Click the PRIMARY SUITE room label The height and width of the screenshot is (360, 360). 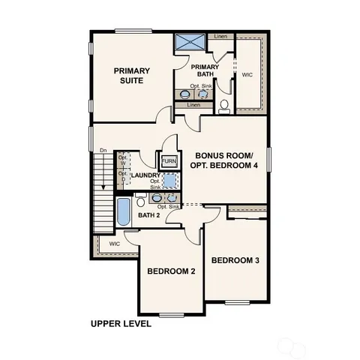click(x=132, y=76)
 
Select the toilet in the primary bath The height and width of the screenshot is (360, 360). click(x=223, y=104)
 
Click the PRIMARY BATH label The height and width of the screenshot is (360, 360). click(x=205, y=71)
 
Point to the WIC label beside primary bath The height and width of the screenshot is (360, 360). click(x=247, y=75)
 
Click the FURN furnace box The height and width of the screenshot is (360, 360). click(x=169, y=161)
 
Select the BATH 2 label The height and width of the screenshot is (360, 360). click(x=149, y=215)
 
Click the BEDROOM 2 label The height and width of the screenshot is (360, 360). click(x=171, y=271)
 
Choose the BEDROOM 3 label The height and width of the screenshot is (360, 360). click(x=235, y=260)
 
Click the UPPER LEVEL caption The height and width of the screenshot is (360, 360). click(x=121, y=324)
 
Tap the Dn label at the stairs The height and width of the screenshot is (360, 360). click(x=103, y=151)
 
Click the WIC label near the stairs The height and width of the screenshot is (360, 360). click(x=114, y=244)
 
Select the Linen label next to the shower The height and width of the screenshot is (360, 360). click(x=220, y=36)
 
